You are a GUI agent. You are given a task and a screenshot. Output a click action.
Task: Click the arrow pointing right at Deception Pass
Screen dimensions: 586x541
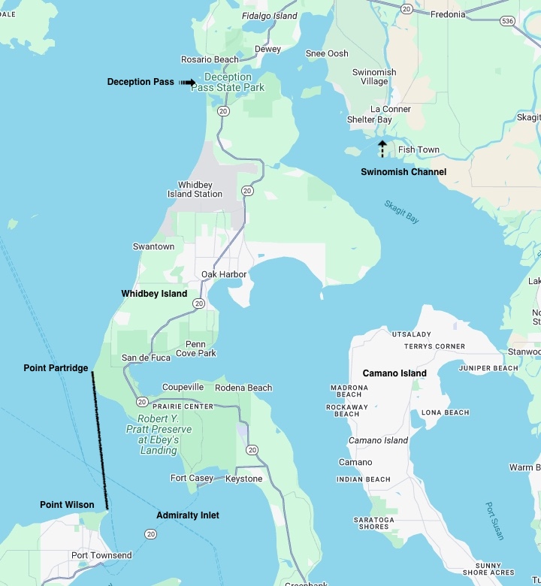(x=188, y=83)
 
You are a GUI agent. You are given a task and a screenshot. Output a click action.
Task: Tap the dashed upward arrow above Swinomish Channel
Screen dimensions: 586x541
(x=382, y=148)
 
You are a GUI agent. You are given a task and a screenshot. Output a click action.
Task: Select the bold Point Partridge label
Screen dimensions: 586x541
(x=56, y=368)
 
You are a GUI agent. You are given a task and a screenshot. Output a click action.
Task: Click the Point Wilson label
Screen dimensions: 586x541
(x=67, y=505)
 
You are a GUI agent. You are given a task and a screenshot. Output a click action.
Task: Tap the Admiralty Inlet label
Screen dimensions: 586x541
(x=188, y=515)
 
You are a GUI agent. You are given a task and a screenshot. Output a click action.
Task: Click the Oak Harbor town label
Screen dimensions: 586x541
(x=224, y=274)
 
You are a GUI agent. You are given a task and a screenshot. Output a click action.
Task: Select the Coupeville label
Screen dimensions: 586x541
(x=183, y=387)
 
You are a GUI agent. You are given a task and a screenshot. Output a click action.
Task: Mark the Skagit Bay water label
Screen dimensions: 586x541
(x=401, y=211)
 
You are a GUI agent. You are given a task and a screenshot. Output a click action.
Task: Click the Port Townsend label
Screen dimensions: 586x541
(x=101, y=556)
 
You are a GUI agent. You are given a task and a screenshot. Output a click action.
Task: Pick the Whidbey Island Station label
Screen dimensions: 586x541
(x=195, y=189)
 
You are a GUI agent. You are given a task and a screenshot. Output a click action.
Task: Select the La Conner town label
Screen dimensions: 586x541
(x=391, y=109)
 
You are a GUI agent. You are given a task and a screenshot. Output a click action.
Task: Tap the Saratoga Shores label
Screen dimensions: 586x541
(x=373, y=523)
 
